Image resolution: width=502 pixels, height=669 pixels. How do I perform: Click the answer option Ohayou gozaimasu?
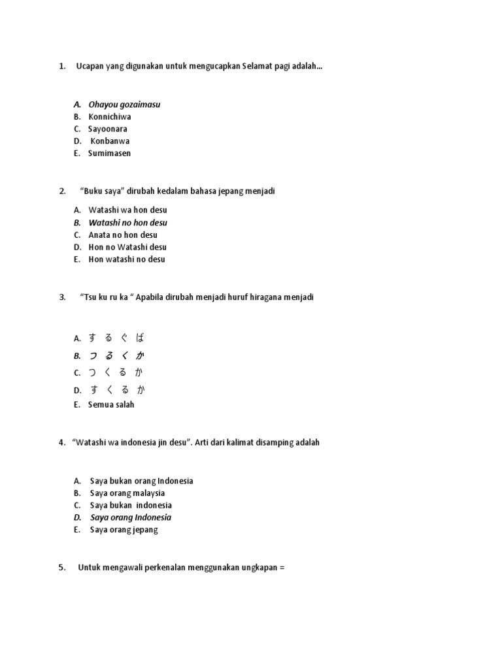[124, 105]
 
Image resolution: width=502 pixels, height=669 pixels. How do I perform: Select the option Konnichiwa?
[109, 117]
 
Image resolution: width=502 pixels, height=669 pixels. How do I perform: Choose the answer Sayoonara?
[107, 129]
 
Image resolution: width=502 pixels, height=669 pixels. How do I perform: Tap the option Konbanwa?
[110, 141]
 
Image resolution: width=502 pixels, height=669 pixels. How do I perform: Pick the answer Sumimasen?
[109, 154]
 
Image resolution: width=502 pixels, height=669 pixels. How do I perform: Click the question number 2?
[62, 191]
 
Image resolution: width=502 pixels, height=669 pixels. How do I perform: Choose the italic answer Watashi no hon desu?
[127, 223]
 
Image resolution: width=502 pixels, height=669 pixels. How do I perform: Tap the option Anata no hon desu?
[123, 235]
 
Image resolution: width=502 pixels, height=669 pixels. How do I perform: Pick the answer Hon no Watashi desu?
[127, 248]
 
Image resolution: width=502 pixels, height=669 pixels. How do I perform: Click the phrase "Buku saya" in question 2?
[102, 191]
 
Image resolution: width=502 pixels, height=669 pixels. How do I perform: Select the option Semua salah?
[110, 405]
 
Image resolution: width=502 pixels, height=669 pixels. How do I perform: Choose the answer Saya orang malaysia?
[127, 493]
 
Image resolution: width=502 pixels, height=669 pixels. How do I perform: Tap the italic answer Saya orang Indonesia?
[131, 517]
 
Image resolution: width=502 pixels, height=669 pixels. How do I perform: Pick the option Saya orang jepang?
[124, 530]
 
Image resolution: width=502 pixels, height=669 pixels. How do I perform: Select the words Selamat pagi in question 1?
[265, 67]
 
